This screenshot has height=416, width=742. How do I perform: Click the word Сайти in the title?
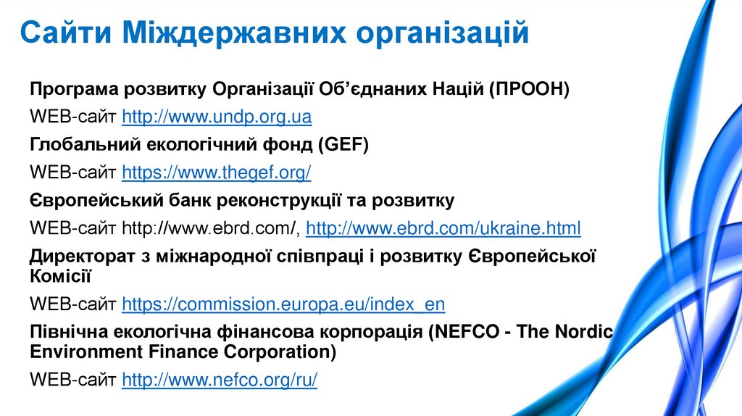point(64,33)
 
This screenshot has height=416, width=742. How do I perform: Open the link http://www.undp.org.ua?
point(217,117)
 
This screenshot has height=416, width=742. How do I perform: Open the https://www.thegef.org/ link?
point(217,172)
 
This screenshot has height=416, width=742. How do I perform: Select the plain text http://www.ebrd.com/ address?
point(210,229)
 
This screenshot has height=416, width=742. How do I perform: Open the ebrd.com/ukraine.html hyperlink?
point(443,229)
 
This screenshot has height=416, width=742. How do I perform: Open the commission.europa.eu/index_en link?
point(283,304)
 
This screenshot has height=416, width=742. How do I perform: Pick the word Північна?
point(67,331)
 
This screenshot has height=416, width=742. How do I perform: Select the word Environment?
point(86,351)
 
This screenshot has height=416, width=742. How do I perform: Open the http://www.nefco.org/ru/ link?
point(220,379)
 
